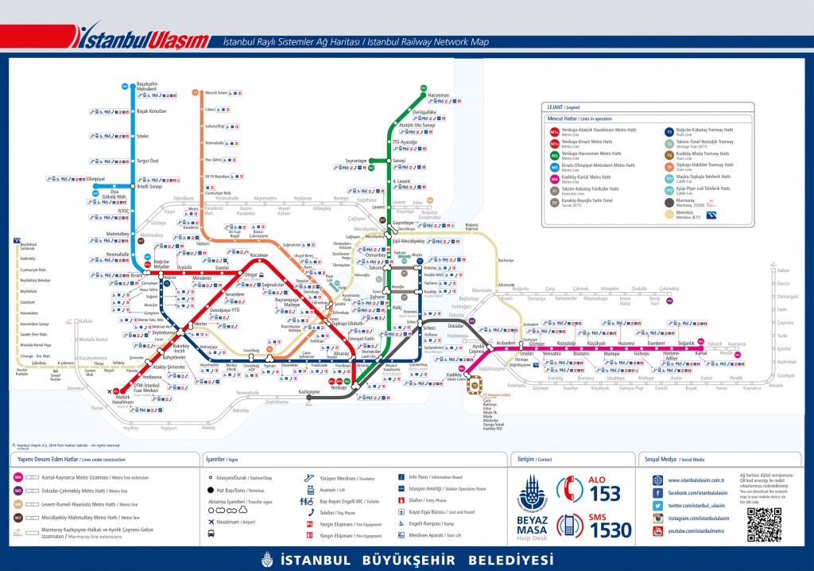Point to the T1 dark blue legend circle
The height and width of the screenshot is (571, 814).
669,131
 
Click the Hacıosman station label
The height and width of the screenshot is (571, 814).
438,95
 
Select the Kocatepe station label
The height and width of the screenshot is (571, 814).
259,255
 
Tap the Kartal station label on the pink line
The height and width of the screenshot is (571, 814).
700,352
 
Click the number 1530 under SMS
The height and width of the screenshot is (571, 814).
610,530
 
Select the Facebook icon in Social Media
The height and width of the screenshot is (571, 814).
658,493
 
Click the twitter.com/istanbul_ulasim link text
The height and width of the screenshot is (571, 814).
696,506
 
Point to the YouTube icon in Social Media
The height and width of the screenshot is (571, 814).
658,530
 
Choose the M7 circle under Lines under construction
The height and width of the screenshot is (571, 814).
18,517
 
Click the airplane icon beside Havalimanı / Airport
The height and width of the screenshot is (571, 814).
211,522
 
